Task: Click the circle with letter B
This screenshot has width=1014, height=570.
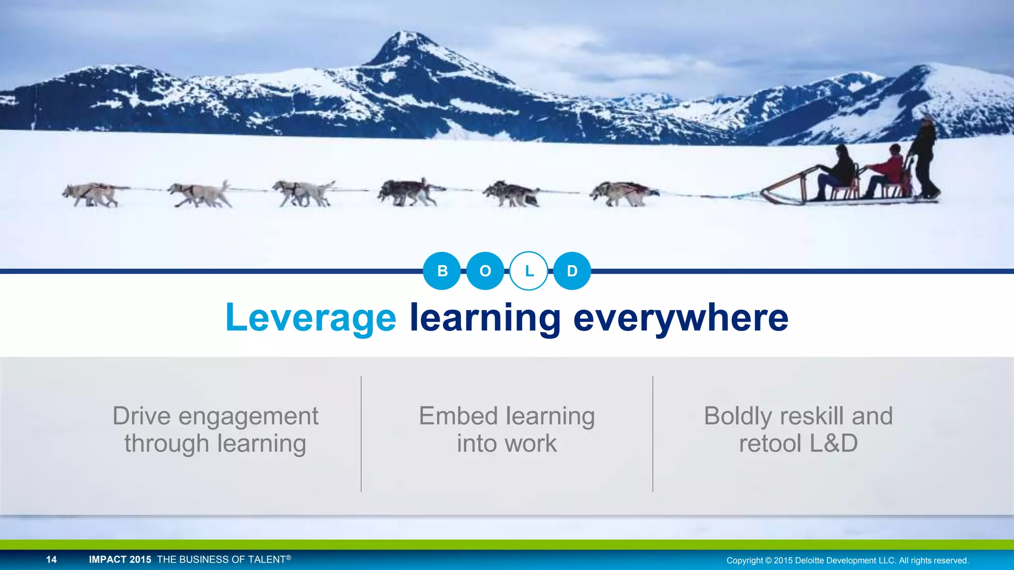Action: tap(442, 271)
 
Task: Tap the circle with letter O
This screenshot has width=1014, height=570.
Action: tap(485, 271)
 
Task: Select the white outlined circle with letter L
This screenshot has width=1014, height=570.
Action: tap(529, 271)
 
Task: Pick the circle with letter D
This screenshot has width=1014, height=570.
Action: tap(572, 271)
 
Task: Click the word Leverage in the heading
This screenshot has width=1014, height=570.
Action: tap(310, 318)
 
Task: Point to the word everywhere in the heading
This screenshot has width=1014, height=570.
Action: tap(680, 318)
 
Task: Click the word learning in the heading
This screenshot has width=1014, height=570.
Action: tap(485, 318)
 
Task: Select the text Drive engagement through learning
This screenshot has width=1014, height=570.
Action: tap(215, 429)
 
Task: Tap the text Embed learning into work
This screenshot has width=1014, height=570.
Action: tap(507, 429)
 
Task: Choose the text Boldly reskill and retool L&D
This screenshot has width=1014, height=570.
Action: tap(798, 429)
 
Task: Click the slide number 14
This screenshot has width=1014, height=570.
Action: tap(51, 560)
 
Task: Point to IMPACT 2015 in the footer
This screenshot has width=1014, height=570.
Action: tap(120, 560)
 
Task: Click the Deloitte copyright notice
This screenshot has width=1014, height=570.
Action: tap(847, 561)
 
